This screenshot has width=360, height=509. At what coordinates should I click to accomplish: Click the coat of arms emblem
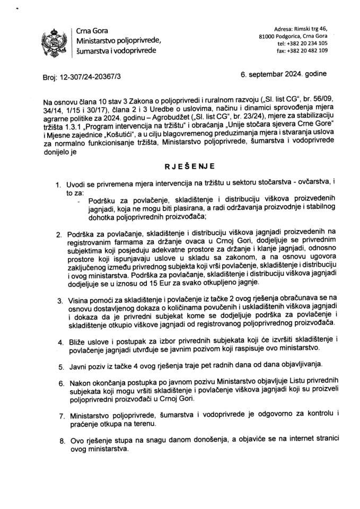click(x=55, y=41)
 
